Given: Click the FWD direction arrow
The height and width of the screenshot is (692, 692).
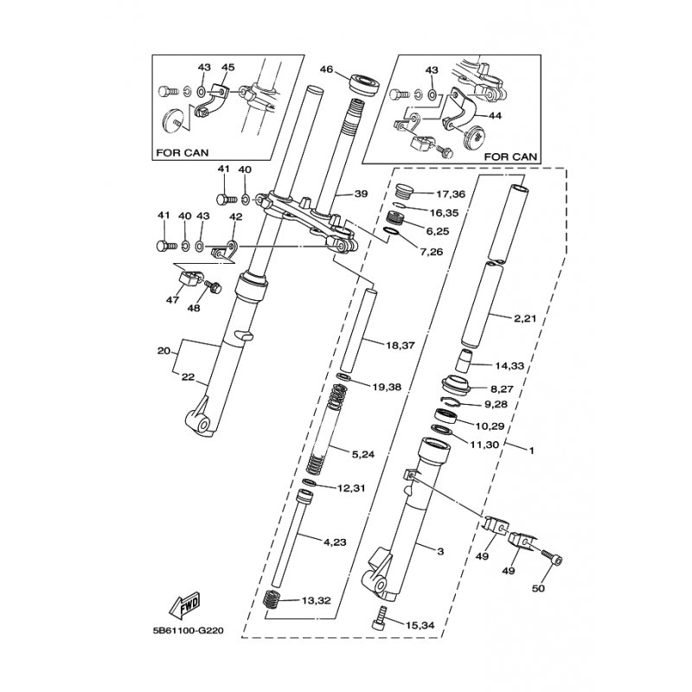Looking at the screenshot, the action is pyautogui.click(x=185, y=603).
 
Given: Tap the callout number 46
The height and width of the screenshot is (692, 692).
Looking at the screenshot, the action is pyautogui.click(x=326, y=70).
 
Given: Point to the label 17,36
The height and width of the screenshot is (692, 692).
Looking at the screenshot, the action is pyautogui.click(x=451, y=194).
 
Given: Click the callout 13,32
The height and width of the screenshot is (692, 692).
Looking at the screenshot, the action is pyautogui.click(x=316, y=600).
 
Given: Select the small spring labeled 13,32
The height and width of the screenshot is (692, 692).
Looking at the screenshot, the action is pyautogui.click(x=271, y=599).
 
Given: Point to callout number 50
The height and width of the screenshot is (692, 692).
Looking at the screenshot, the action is pyautogui.click(x=538, y=588).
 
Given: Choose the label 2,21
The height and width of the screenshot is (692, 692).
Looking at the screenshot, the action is pyautogui.click(x=525, y=317).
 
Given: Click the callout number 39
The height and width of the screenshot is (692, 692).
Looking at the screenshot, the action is pyautogui.click(x=361, y=194).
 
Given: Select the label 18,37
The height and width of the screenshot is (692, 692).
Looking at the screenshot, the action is pyautogui.click(x=400, y=345).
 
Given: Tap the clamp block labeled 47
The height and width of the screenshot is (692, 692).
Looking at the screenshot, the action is pyautogui.click(x=189, y=279).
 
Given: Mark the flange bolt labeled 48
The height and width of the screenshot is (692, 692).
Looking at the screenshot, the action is pyautogui.click(x=213, y=287).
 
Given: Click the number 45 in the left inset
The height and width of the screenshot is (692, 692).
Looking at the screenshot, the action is pyautogui.click(x=227, y=67).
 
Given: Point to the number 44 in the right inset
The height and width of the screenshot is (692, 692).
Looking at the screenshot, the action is pyautogui.click(x=495, y=116).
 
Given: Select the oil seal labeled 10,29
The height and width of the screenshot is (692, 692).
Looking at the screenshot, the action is pyautogui.click(x=445, y=416).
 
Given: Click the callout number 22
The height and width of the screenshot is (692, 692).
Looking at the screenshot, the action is pyautogui.click(x=188, y=377).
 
